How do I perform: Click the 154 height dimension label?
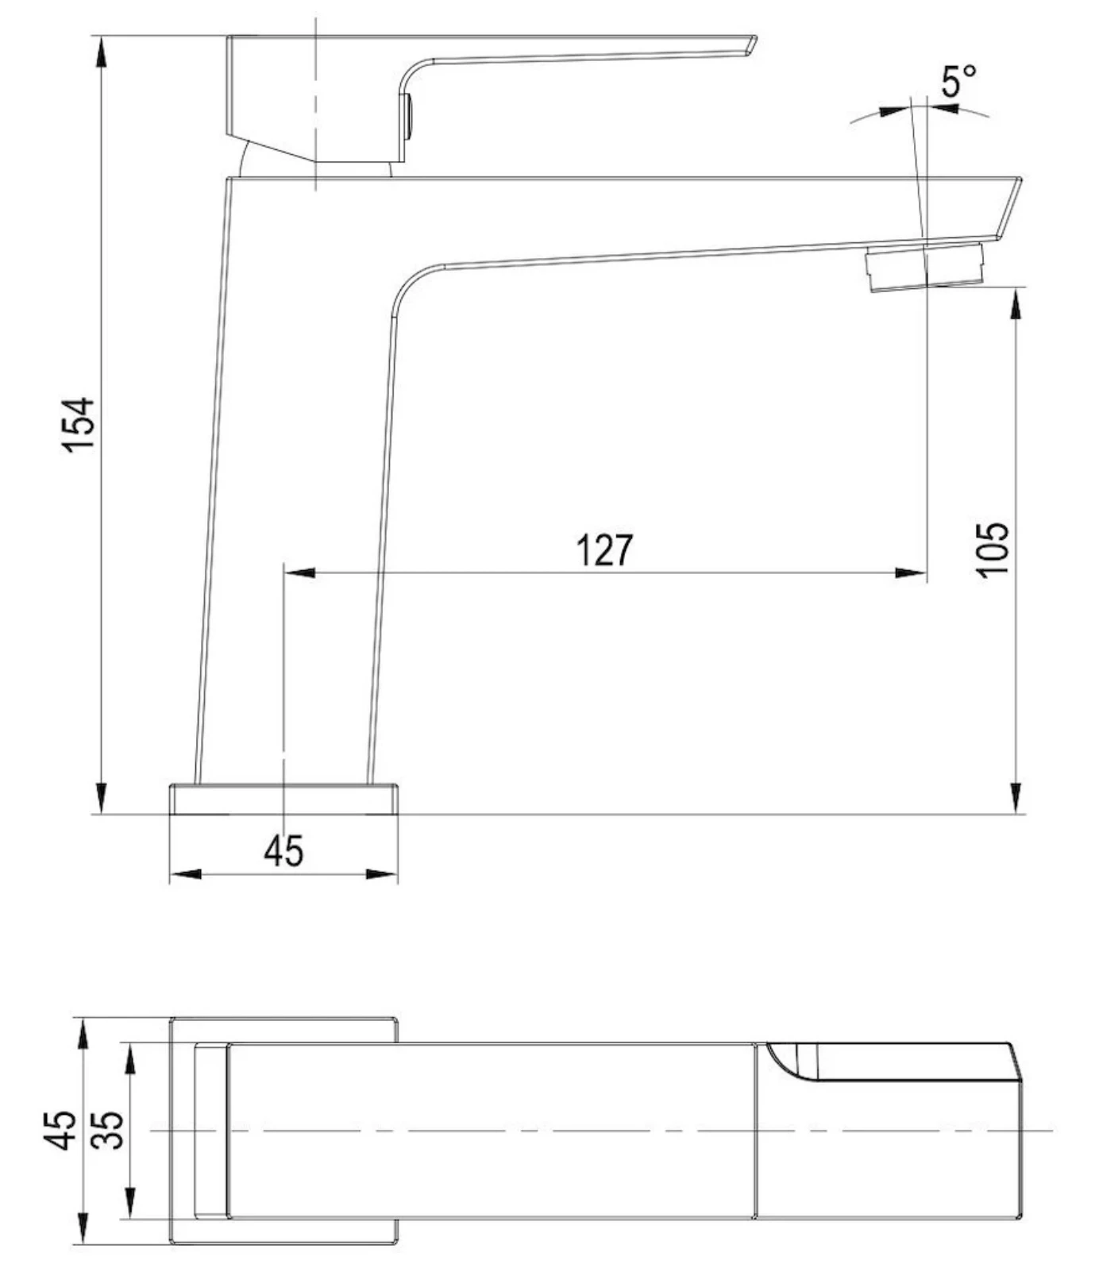[79, 425]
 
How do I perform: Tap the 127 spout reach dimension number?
[605, 550]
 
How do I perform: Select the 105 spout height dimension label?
[993, 549]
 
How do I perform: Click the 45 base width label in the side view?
[283, 851]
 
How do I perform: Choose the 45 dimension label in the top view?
[61, 1129]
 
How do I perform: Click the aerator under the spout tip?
[926, 267]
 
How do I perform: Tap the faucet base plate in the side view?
[283, 799]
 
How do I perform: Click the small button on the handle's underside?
[407, 116]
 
